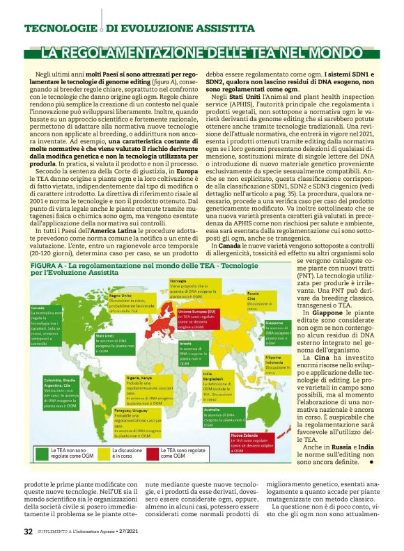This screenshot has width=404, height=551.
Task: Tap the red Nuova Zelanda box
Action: [249, 442]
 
